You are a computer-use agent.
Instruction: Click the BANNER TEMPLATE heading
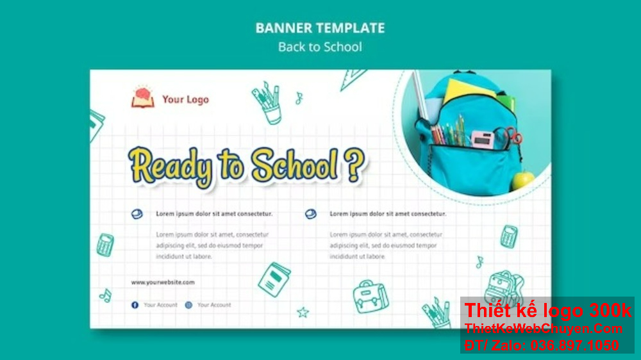pos(320,28)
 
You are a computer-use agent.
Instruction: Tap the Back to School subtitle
pos(320,47)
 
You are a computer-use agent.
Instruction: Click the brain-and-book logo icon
pos(143,97)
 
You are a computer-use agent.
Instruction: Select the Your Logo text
pos(185,99)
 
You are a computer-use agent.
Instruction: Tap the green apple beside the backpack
pos(523,179)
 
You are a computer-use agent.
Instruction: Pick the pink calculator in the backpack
pos(482,138)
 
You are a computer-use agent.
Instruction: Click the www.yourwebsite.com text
pos(163,282)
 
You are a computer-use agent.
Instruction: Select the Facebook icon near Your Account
pos(135,305)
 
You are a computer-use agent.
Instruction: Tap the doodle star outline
pos(303,312)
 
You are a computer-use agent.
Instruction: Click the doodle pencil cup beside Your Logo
pos(267,102)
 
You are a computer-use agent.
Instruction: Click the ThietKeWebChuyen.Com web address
pos(544,329)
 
